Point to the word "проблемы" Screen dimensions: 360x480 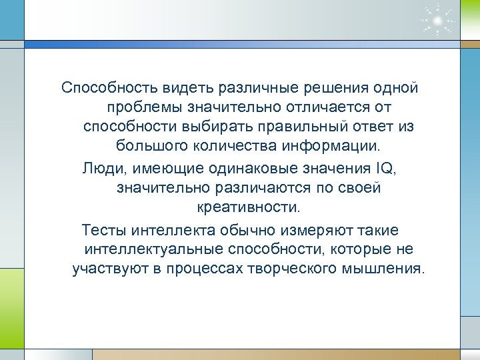point(143,107)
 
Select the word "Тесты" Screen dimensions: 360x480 point(103,230)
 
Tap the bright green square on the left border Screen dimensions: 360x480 point(11,294)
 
